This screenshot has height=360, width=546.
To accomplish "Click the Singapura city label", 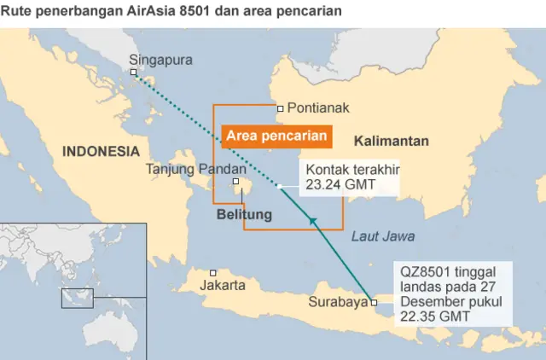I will [160, 60].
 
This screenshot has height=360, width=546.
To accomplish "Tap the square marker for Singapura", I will [134, 73].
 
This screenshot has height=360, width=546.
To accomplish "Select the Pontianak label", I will [318, 108].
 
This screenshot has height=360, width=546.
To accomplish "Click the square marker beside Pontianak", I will [280, 108].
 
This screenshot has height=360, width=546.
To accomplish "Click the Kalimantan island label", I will [392, 141].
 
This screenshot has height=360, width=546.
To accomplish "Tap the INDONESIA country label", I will [101, 151].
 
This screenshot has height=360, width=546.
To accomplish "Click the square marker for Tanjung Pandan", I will [236, 181].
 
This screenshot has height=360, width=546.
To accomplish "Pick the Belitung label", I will [244, 214].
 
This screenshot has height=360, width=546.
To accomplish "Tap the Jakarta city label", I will [223, 285].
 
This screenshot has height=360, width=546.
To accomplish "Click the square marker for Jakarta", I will [212, 273].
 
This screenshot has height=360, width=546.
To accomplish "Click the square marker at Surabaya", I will [375, 302].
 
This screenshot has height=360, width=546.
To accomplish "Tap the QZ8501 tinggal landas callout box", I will [452, 293].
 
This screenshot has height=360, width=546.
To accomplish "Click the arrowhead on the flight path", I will [314, 223].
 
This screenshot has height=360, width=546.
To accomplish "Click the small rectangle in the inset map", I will [76, 298].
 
